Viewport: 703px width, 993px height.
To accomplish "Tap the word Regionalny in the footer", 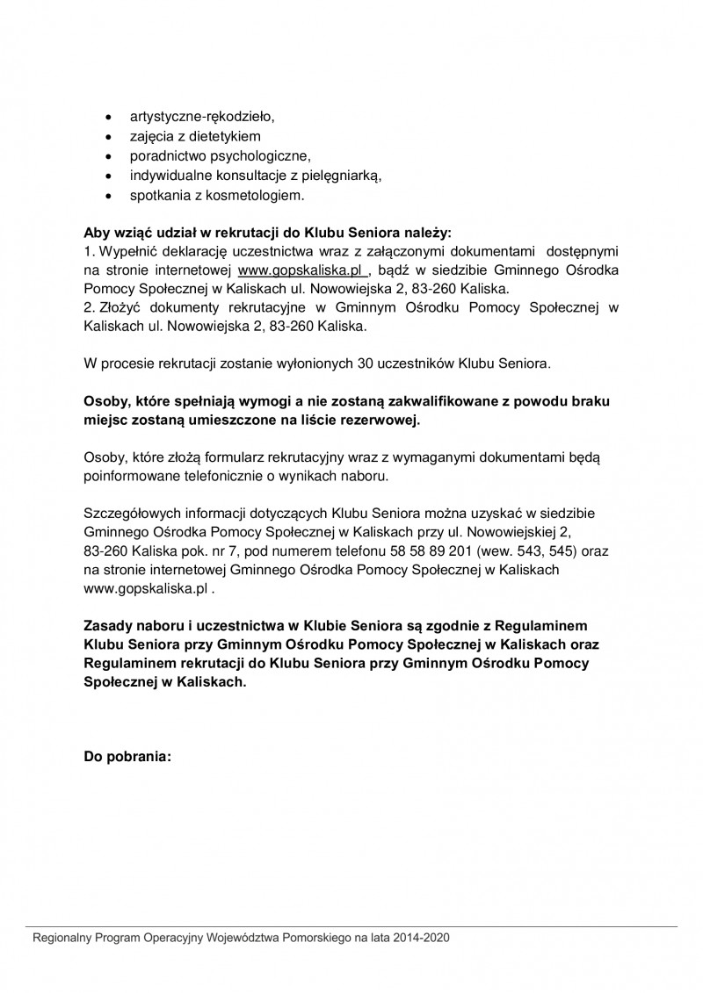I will click(x=62, y=938).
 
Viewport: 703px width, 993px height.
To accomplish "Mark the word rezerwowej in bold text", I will click(x=384, y=420).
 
